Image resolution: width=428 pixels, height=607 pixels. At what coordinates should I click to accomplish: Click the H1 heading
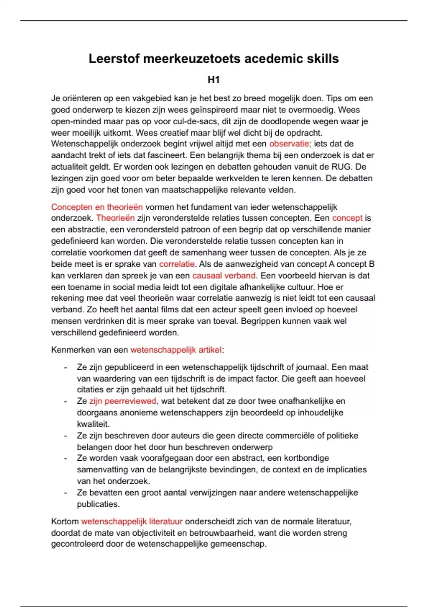coord(214,80)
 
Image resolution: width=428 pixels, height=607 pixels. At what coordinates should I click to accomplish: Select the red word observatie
coord(290,144)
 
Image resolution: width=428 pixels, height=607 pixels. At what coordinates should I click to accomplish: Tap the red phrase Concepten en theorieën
coord(97,207)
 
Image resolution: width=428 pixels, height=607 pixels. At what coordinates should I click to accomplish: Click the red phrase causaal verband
coord(224,276)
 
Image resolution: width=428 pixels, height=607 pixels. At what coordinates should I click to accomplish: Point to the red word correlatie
coord(177,264)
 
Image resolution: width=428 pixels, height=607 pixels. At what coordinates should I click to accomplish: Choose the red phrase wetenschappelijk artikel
coord(176,350)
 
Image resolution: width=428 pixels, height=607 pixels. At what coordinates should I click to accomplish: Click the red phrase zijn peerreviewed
coord(123,401)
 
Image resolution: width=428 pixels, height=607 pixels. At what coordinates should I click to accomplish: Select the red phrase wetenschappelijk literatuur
coord(132,522)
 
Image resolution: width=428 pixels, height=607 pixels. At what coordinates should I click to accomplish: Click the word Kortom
coord(65,522)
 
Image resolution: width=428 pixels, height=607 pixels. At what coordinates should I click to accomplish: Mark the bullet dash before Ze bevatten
coord(65,493)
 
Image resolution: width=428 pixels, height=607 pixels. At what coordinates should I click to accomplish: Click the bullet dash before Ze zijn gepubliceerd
coord(65,367)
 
